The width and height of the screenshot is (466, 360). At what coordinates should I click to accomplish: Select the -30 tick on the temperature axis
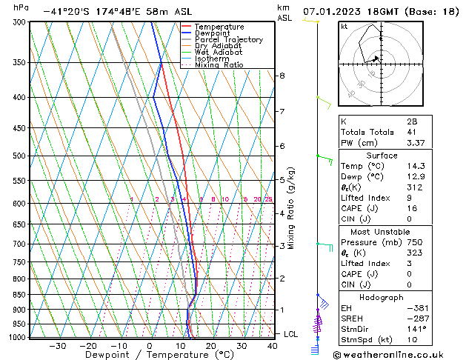(57, 346)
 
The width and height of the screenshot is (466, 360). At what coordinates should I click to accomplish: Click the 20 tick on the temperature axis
(210, 346)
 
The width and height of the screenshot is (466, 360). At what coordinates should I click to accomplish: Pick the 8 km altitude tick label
(282, 76)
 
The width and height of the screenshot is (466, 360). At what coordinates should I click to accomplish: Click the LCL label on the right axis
(291, 334)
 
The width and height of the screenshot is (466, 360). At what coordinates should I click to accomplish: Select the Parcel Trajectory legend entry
(228, 40)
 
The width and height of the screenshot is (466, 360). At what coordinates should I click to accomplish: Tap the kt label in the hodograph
(344, 27)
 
